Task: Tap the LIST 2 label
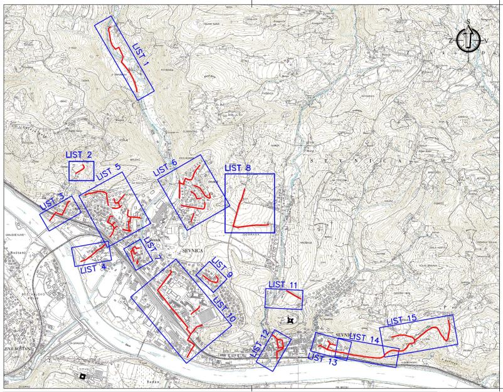point(79,155)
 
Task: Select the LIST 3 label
point(53,202)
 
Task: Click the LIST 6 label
point(165,166)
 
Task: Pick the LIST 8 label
point(238,168)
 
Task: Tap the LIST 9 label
point(221,267)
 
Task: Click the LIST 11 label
point(283,285)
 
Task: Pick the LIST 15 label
point(401,321)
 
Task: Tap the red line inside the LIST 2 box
point(80,169)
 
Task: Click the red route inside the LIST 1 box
point(125,60)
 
